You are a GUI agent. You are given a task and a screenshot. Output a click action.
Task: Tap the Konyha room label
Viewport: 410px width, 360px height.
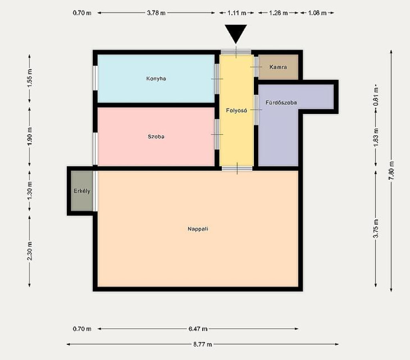pos(156,78)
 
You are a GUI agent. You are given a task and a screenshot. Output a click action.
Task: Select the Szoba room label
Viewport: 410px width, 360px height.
pos(156,137)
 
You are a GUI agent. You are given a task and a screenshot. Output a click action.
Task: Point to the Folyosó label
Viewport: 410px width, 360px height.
pos(236,111)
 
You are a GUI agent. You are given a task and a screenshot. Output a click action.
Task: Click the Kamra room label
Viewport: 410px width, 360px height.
pos(278,67)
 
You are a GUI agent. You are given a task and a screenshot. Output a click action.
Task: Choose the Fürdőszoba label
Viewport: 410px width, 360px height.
pos(281,103)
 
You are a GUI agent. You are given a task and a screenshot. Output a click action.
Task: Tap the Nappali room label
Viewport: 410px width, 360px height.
pos(198,229)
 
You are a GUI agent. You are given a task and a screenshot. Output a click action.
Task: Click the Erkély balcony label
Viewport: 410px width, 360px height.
pos(82,191)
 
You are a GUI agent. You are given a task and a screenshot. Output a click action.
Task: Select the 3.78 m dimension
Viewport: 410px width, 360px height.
pos(156,13)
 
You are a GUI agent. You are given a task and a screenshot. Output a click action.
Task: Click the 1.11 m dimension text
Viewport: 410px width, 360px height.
pos(237,13)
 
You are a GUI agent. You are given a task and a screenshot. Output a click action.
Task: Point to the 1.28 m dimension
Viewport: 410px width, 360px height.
pos(279,13)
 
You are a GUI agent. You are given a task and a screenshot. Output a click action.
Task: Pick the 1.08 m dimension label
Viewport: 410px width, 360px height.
pos(317,13)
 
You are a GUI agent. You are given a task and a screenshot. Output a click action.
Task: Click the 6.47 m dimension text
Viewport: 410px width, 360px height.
pos(198,329)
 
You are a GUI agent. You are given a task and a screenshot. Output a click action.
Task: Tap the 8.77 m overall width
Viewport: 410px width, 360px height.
pos(203,344)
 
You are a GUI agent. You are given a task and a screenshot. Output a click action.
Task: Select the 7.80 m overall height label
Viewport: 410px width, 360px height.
pos(391,171)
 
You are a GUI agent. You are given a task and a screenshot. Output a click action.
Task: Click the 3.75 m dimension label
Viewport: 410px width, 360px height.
pos(376,229)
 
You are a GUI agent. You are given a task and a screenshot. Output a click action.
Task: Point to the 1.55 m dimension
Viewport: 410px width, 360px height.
pos(30,78)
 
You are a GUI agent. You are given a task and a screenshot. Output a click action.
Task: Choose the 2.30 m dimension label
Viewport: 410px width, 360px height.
pos(30,251)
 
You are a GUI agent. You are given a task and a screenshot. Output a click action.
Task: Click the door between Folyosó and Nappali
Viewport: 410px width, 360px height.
pos(237,168)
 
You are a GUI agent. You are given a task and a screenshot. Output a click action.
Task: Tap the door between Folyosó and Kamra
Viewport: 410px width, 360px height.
pos(256,67)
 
